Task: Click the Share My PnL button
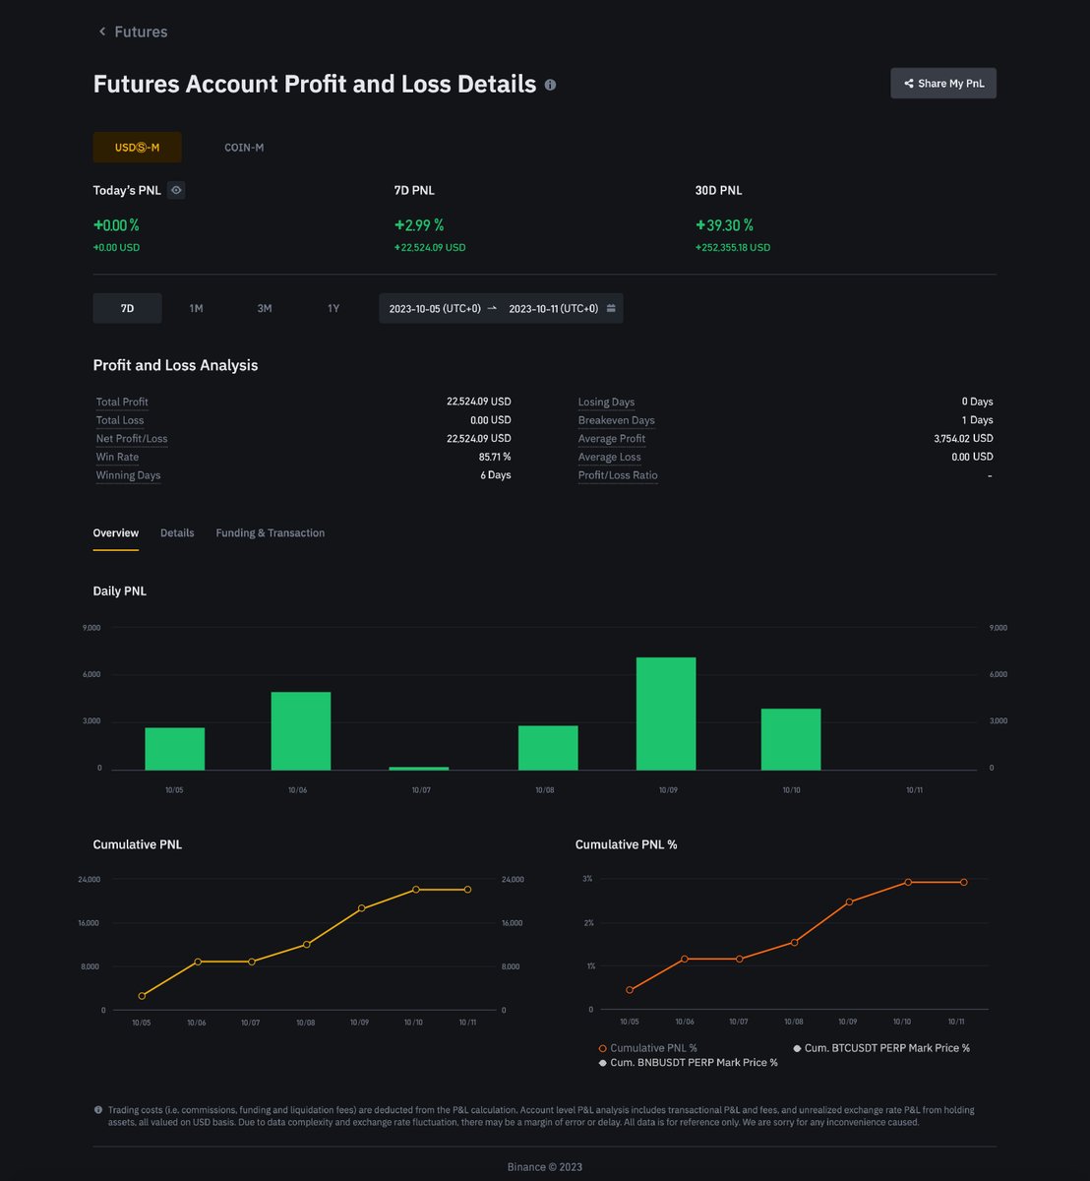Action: pos(943,84)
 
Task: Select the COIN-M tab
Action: pos(244,148)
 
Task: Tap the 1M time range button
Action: pos(196,308)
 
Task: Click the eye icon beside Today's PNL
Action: pos(176,190)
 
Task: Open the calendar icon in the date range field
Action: pos(611,308)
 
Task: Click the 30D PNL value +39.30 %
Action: pos(724,225)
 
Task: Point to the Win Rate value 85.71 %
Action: pos(495,457)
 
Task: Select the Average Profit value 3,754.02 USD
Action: pos(963,438)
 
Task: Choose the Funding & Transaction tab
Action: pos(270,532)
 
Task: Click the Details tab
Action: pos(177,532)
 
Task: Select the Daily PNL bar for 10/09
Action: pos(666,714)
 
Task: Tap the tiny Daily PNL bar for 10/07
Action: pos(419,769)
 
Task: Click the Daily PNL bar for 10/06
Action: pos(301,731)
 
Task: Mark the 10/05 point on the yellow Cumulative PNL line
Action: pos(142,995)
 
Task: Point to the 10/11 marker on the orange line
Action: pos(963,883)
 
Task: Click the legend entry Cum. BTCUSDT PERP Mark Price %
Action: pos(881,1048)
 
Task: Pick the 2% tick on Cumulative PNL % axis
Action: pos(588,923)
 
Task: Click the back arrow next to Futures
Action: pos(102,31)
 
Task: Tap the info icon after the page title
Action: pos(550,85)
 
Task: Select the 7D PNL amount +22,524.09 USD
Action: pos(430,247)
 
